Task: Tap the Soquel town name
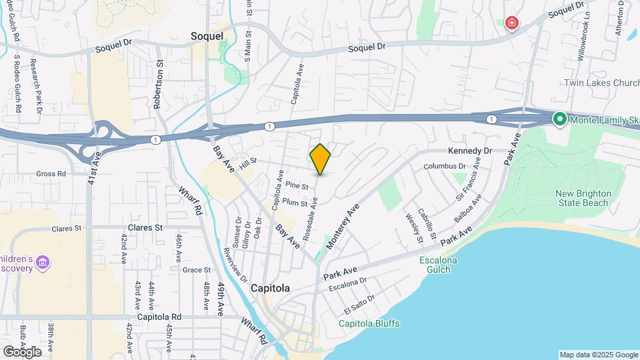pyautogui.click(x=206, y=35)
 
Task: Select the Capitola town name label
pyautogui.click(x=270, y=289)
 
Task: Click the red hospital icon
pyautogui.click(x=511, y=24)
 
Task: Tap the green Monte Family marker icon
pyautogui.click(x=560, y=120)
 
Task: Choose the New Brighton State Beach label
pyautogui.click(x=582, y=198)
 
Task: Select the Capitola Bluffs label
pyautogui.click(x=369, y=324)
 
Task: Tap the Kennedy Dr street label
pyautogui.click(x=469, y=151)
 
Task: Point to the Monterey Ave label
pyautogui.click(x=343, y=227)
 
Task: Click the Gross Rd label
pyautogui.click(x=51, y=173)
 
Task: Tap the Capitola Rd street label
pyautogui.click(x=157, y=317)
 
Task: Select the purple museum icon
pyautogui.click(x=43, y=262)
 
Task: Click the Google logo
pyautogui.click(x=22, y=351)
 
